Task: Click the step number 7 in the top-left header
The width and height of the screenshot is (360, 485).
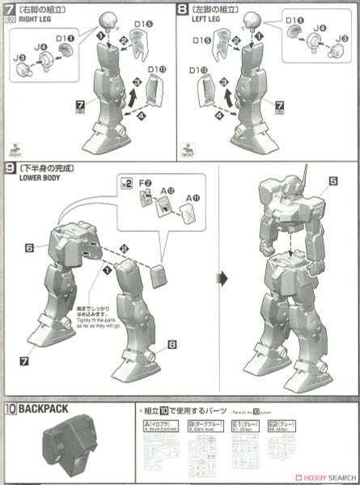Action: [x=9, y=11]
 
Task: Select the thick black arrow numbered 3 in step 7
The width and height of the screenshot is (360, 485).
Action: [x=138, y=87]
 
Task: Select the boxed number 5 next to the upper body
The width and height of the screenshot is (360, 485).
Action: [x=332, y=183]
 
